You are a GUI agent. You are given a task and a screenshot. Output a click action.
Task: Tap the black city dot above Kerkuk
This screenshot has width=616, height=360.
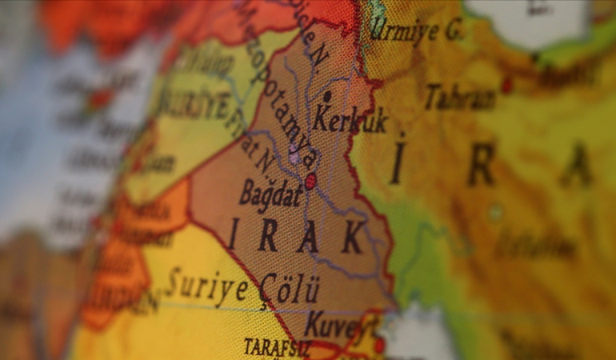click(x=326, y=96)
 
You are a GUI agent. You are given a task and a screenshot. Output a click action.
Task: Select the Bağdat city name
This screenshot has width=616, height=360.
click(x=270, y=194)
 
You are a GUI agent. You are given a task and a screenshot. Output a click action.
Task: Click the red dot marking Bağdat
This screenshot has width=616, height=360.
click(x=310, y=182)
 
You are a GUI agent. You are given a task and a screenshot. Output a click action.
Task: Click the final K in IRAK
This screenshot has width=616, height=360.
click(x=351, y=238)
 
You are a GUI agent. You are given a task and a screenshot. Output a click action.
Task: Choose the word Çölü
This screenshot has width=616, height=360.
click(x=289, y=289)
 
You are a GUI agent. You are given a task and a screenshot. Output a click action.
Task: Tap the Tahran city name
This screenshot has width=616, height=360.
click(x=459, y=98)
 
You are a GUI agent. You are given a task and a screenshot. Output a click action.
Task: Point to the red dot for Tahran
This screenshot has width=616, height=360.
click(x=506, y=84)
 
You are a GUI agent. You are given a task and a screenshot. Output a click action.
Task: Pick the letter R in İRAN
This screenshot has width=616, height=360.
click(x=481, y=164)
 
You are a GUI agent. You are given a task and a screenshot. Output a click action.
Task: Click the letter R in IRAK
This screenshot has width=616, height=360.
click(x=267, y=234)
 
